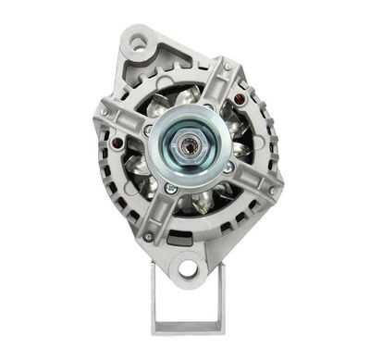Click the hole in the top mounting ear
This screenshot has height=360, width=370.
139,42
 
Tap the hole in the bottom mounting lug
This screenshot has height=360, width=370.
188,269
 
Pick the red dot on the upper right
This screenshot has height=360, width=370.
241,95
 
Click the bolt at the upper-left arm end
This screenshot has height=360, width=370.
105,112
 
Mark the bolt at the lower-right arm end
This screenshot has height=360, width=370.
271,192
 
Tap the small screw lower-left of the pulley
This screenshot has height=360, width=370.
168,189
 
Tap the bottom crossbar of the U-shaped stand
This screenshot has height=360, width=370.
188,327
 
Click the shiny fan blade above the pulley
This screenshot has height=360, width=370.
185,96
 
